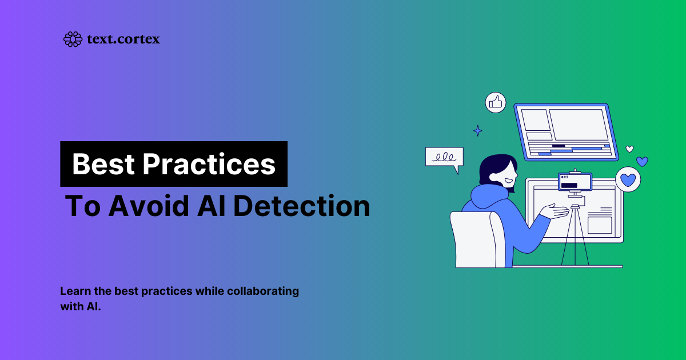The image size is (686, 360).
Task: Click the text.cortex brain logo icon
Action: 73,39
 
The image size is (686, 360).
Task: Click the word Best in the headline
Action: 103,165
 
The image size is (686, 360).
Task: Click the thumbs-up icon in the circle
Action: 496,102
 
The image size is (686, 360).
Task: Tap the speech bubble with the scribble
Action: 444,158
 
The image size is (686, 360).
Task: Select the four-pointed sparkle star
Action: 478,131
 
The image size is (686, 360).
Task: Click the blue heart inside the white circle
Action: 628,179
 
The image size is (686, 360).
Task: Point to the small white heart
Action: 629,149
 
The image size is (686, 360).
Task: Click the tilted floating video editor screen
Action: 565,131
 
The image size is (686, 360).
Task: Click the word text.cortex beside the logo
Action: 123,39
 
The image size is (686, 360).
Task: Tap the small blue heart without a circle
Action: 642,162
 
